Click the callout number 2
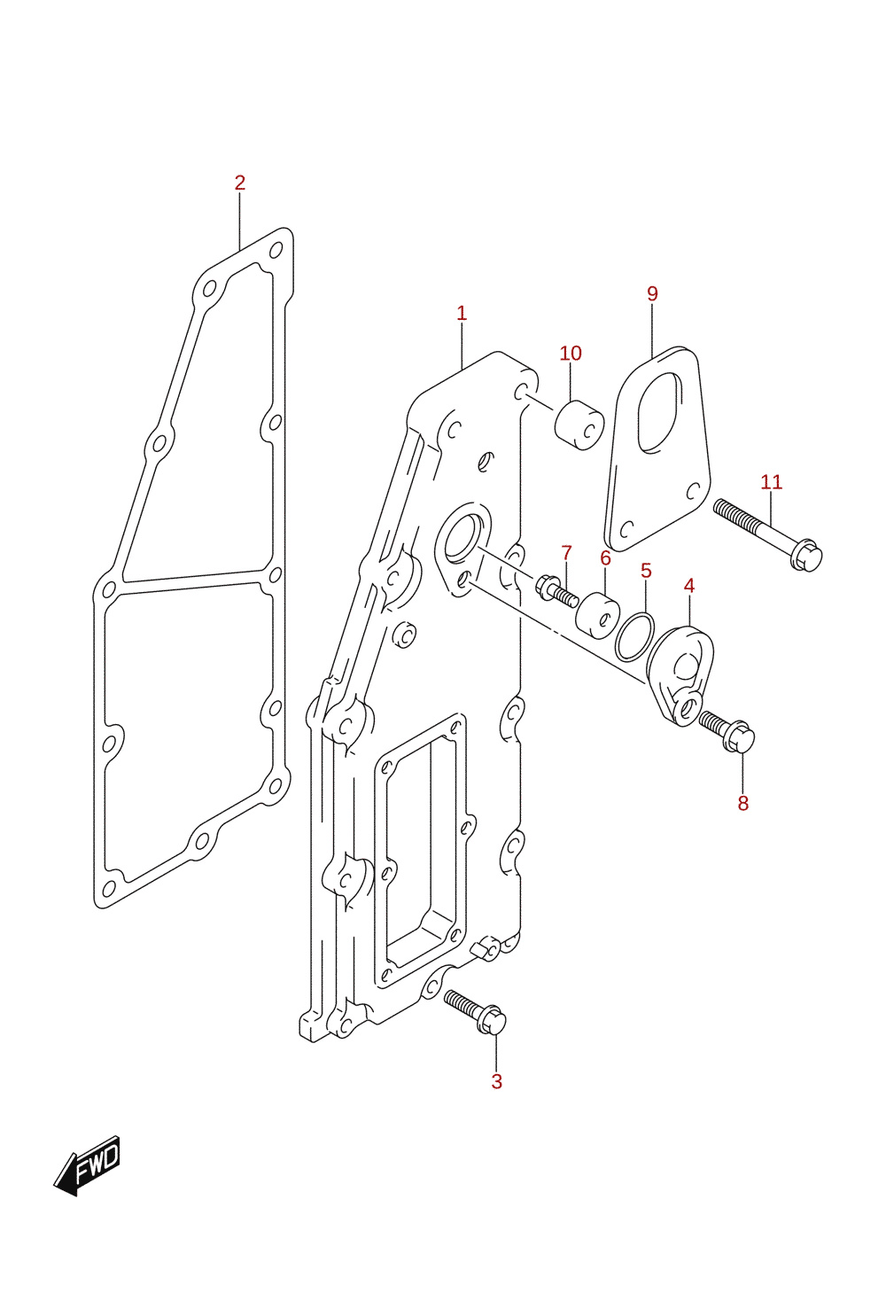point(240,183)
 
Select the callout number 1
point(462,314)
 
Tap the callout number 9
point(652,294)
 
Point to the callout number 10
point(571,354)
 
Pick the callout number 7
point(566,553)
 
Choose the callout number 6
point(605,558)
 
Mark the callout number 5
point(646,571)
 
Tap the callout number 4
point(689,586)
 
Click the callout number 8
point(742,803)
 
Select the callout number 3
point(496,1081)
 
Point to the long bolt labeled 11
point(767,535)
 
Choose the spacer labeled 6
point(597,615)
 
